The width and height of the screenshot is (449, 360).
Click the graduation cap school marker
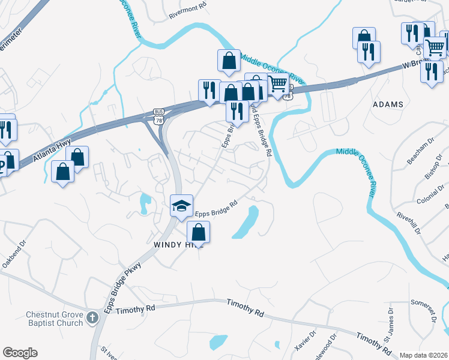[x=181, y=206]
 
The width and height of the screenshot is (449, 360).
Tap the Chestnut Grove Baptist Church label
[x=54, y=319]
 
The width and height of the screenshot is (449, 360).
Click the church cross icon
[x=92, y=317]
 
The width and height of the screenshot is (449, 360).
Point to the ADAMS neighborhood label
[x=388, y=104]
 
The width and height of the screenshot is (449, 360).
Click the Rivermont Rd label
[x=188, y=4]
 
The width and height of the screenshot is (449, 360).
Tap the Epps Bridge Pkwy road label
[x=122, y=287]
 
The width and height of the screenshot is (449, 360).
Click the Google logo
[x=20, y=353]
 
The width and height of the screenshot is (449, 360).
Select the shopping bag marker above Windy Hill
[x=198, y=232]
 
